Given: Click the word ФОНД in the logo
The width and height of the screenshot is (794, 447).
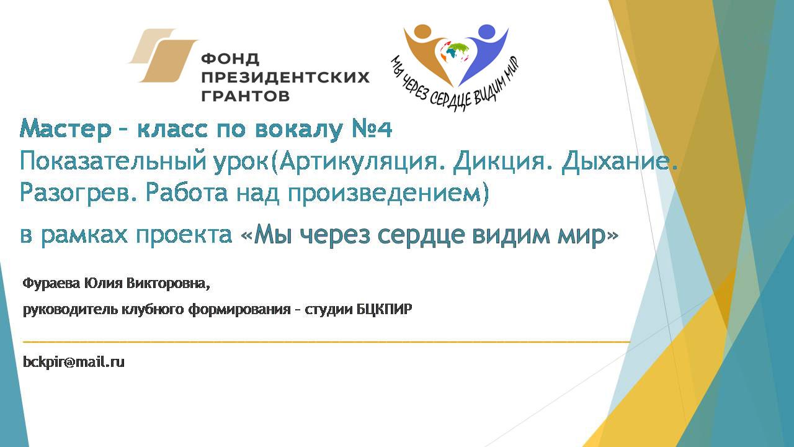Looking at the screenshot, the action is (230, 58).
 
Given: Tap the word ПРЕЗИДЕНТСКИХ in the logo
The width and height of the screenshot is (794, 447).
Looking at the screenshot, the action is (285, 77).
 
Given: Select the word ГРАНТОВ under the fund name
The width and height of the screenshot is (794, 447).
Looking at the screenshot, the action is (245, 96).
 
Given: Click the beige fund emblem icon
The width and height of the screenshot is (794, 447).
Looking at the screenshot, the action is (163, 55).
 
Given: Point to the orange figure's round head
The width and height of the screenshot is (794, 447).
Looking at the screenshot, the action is (422, 32).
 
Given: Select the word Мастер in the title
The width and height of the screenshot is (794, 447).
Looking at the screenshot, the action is (65, 129).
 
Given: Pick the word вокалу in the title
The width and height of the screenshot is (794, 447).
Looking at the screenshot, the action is (299, 130).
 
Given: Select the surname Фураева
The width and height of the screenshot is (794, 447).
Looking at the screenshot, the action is (51, 284).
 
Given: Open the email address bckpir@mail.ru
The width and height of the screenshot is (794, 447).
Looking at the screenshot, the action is (74, 362).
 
